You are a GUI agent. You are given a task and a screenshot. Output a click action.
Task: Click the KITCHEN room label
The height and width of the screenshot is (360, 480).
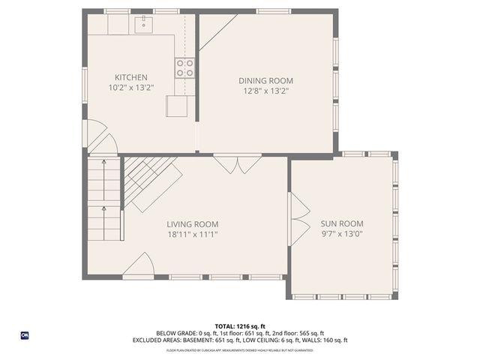[130, 77]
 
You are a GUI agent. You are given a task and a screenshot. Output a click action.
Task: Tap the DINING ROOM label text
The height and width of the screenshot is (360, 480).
[265, 80]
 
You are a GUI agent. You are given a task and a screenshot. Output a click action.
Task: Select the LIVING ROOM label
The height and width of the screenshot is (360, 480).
[192, 223]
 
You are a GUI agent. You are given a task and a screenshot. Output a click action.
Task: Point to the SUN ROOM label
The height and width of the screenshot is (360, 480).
[341, 223]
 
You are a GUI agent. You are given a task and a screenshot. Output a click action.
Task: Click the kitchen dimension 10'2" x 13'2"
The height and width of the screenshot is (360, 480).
[130, 88]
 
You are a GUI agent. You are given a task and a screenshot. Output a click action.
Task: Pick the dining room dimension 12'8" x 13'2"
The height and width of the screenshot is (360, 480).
[265, 91]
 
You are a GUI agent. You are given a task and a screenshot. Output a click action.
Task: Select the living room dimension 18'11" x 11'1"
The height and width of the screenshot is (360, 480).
[192, 234]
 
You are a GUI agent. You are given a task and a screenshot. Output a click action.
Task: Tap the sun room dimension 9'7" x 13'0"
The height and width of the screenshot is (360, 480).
[341, 234]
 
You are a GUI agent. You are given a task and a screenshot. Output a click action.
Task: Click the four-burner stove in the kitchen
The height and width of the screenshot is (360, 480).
[184, 68]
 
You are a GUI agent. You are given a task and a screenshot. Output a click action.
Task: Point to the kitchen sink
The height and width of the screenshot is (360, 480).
[142, 25]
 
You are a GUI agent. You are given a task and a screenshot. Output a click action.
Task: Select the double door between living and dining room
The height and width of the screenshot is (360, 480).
[237, 164]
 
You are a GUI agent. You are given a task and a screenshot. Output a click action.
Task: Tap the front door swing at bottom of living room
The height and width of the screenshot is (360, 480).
[140, 265]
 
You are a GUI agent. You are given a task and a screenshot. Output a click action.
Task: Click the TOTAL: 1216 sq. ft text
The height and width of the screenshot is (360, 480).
[240, 326]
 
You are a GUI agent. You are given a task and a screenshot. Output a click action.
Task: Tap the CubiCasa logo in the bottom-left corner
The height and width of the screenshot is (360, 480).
[25, 335]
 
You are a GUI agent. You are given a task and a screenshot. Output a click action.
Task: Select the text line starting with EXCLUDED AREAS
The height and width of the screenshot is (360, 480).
[240, 340]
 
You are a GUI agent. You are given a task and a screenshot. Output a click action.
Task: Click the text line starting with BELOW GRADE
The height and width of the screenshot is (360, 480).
[240, 333]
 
